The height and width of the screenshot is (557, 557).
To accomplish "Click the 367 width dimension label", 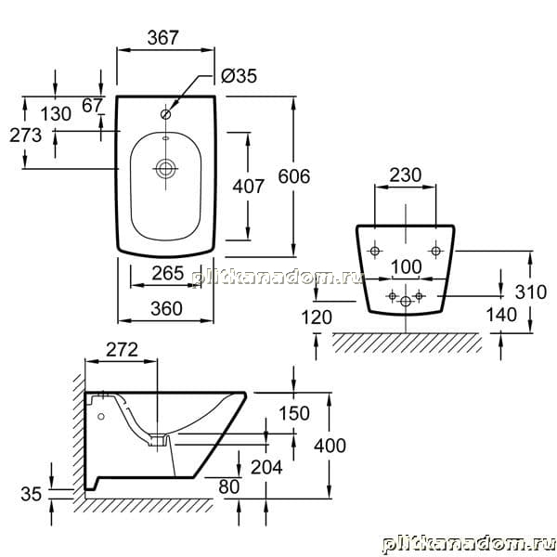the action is pyautogui.click(x=163, y=38).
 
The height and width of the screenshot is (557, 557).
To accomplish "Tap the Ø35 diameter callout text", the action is pyautogui.click(x=239, y=76).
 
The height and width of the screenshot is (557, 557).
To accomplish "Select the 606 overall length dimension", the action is pyautogui.click(x=294, y=176).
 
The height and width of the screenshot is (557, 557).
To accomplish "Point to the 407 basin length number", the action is pyautogui.click(x=248, y=187).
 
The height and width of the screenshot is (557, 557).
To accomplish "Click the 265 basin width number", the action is pyautogui.click(x=168, y=273).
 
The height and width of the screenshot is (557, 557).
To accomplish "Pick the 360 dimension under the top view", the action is pyautogui.click(x=166, y=309).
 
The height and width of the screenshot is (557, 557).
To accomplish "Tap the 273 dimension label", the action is pyautogui.click(x=26, y=136).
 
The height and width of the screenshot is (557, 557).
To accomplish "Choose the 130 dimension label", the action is pyautogui.click(x=56, y=114).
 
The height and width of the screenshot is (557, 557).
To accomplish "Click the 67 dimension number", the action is pyautogui.click(x=92, y=106).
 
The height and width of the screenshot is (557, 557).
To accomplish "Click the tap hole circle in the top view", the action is pyautogui.click(x=165, y=114).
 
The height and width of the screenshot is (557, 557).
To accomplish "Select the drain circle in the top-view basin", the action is pyautogui.click(x=165, y=169).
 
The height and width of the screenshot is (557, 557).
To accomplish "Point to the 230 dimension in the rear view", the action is pyautogui.click(x=406, y=175).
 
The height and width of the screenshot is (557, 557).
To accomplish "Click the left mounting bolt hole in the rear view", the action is pyautogui.click(x=374, y=252).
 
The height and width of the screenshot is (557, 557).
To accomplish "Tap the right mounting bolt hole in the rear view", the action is pyautogui.click(x=436, y=252).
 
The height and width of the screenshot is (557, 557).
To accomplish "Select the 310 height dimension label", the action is pyautogui.click(x=531, y=292).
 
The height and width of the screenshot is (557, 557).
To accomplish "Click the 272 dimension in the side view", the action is pyautogui.click(x=122, y=350).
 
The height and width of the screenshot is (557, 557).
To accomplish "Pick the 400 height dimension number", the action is pyautogui.click(x=330, y=446).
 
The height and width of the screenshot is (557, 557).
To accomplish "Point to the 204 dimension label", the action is pyautogui.click(x=266, y=467).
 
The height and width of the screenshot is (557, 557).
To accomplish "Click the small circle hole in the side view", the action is pyautogui.click(x=101, y=416).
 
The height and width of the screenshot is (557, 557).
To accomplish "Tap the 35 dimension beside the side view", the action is pyautogui.click(x=32, y=494).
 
